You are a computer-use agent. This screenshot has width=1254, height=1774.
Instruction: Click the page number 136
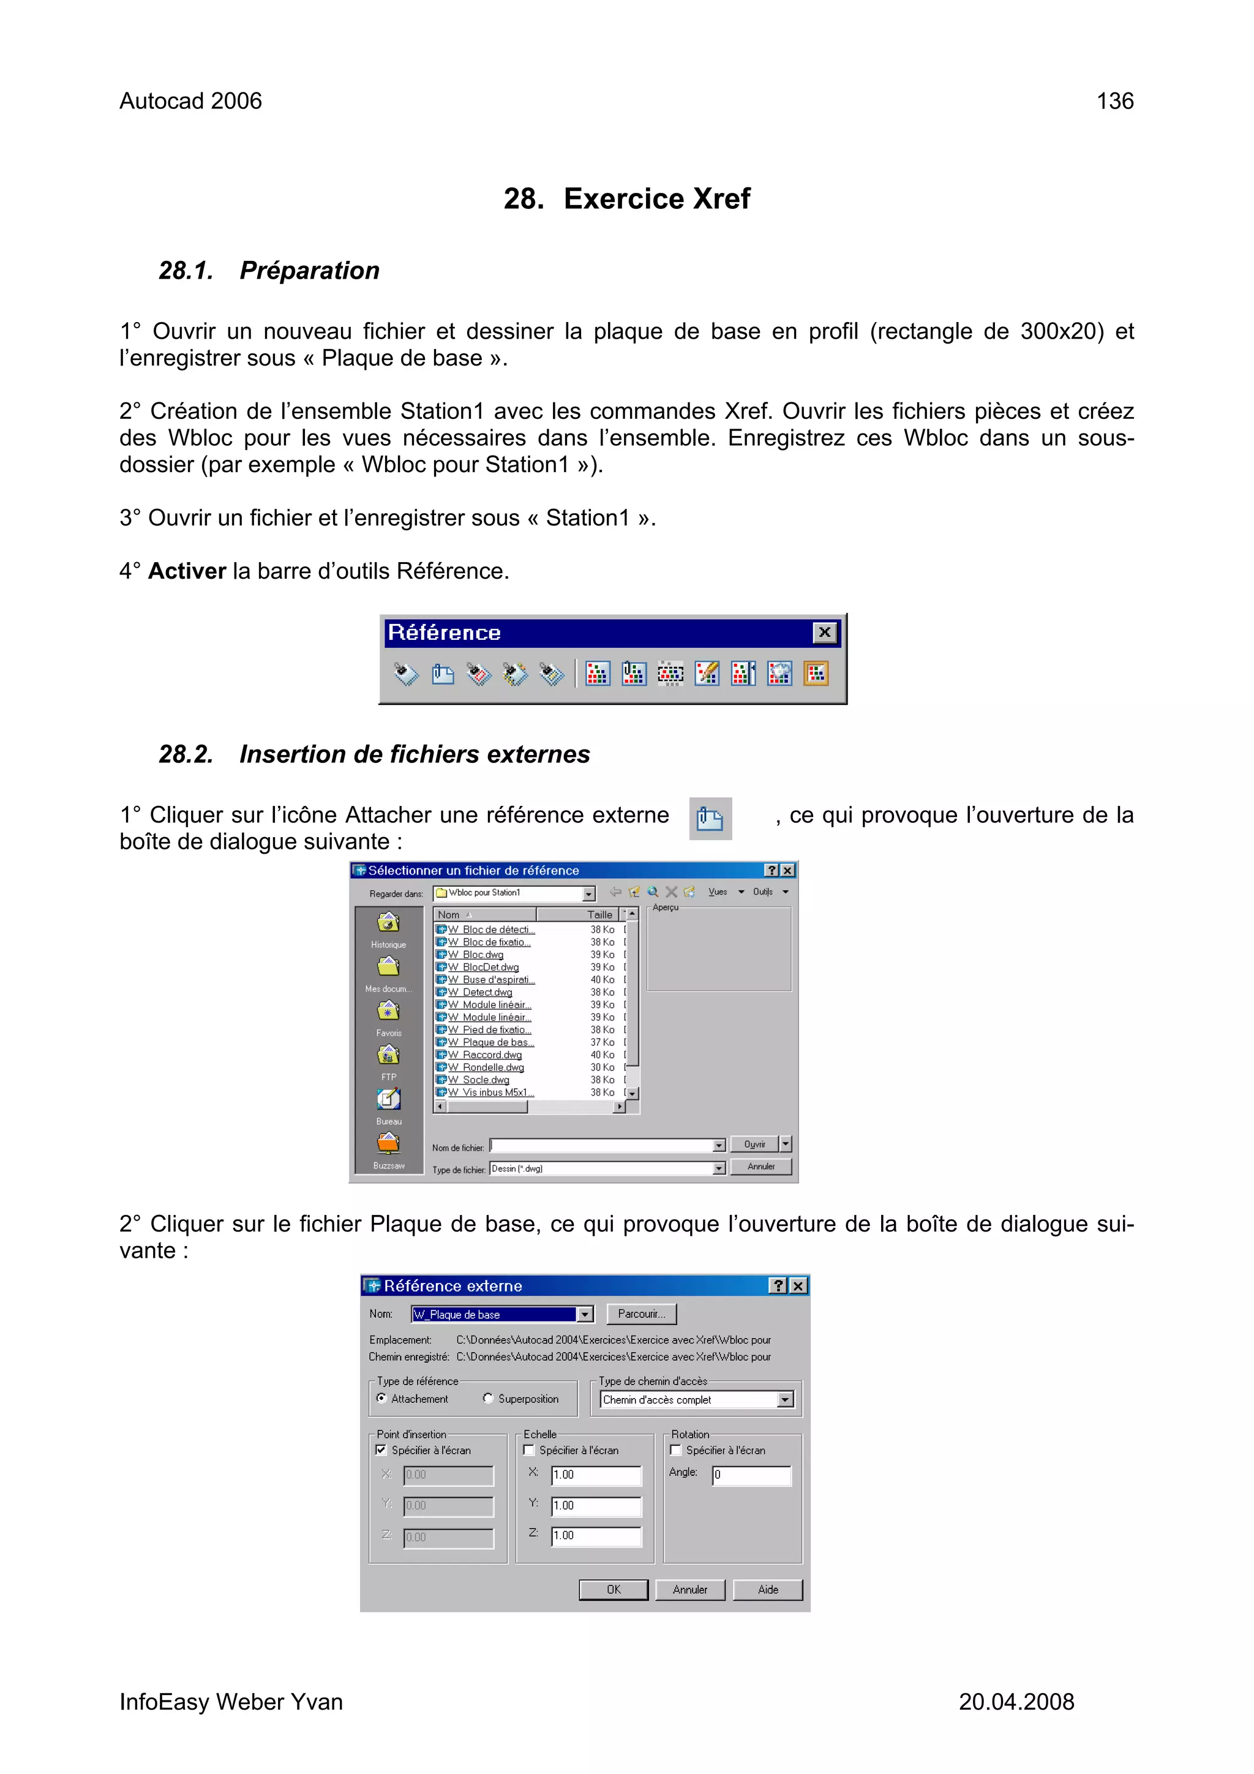coord(1114,101)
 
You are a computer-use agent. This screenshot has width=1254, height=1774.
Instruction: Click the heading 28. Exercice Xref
coord(626,198)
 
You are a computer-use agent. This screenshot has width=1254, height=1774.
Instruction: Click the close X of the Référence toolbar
coord(824,633)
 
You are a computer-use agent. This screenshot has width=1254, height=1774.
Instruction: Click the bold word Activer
coord(187,571)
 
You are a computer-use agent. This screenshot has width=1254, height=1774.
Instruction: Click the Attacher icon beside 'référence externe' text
coord(709,818)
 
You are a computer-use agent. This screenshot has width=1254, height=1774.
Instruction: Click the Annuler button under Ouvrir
coord(760,1167)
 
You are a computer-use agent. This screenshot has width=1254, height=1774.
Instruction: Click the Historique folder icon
coord(388,923)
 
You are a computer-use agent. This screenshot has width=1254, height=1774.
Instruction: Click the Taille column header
coord(599,914)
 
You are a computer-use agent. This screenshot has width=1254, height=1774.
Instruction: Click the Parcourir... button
coord(640,1314)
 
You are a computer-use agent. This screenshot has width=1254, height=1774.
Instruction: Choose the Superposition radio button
coord(488,1399)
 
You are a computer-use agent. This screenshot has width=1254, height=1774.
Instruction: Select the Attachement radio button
coord(381,1399)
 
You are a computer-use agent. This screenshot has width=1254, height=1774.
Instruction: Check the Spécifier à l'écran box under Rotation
coord(675,1450)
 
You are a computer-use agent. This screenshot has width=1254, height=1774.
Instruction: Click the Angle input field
coord(751,1475)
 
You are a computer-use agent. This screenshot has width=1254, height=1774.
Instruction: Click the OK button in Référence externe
coord(614,1589)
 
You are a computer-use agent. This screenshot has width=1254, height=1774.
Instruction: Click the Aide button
coord(767,1589)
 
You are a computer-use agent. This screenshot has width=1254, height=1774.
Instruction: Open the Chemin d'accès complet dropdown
coord(785,1400)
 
